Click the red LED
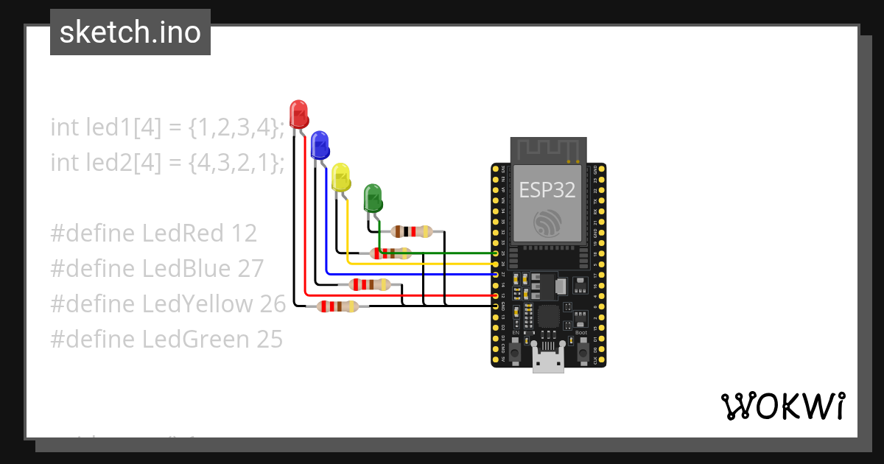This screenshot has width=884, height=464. click(299, 114)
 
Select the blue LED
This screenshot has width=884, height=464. click(319, 145)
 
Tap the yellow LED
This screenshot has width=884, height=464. click(340, 177)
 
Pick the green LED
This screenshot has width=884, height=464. click(373, 198)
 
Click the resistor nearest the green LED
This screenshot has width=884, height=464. click(412, 232)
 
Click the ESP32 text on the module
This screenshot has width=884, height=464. click(547, 190)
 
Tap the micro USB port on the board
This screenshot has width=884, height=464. click(548, 363)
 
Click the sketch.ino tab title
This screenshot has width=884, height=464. click(130, 32)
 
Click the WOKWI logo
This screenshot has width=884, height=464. click(782, 406)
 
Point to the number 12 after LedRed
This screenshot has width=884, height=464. click(244, 233)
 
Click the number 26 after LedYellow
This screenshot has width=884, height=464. click(273, 304)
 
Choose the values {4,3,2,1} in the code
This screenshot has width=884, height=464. click(235, 163)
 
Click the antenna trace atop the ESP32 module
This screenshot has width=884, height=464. click(549, 150)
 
